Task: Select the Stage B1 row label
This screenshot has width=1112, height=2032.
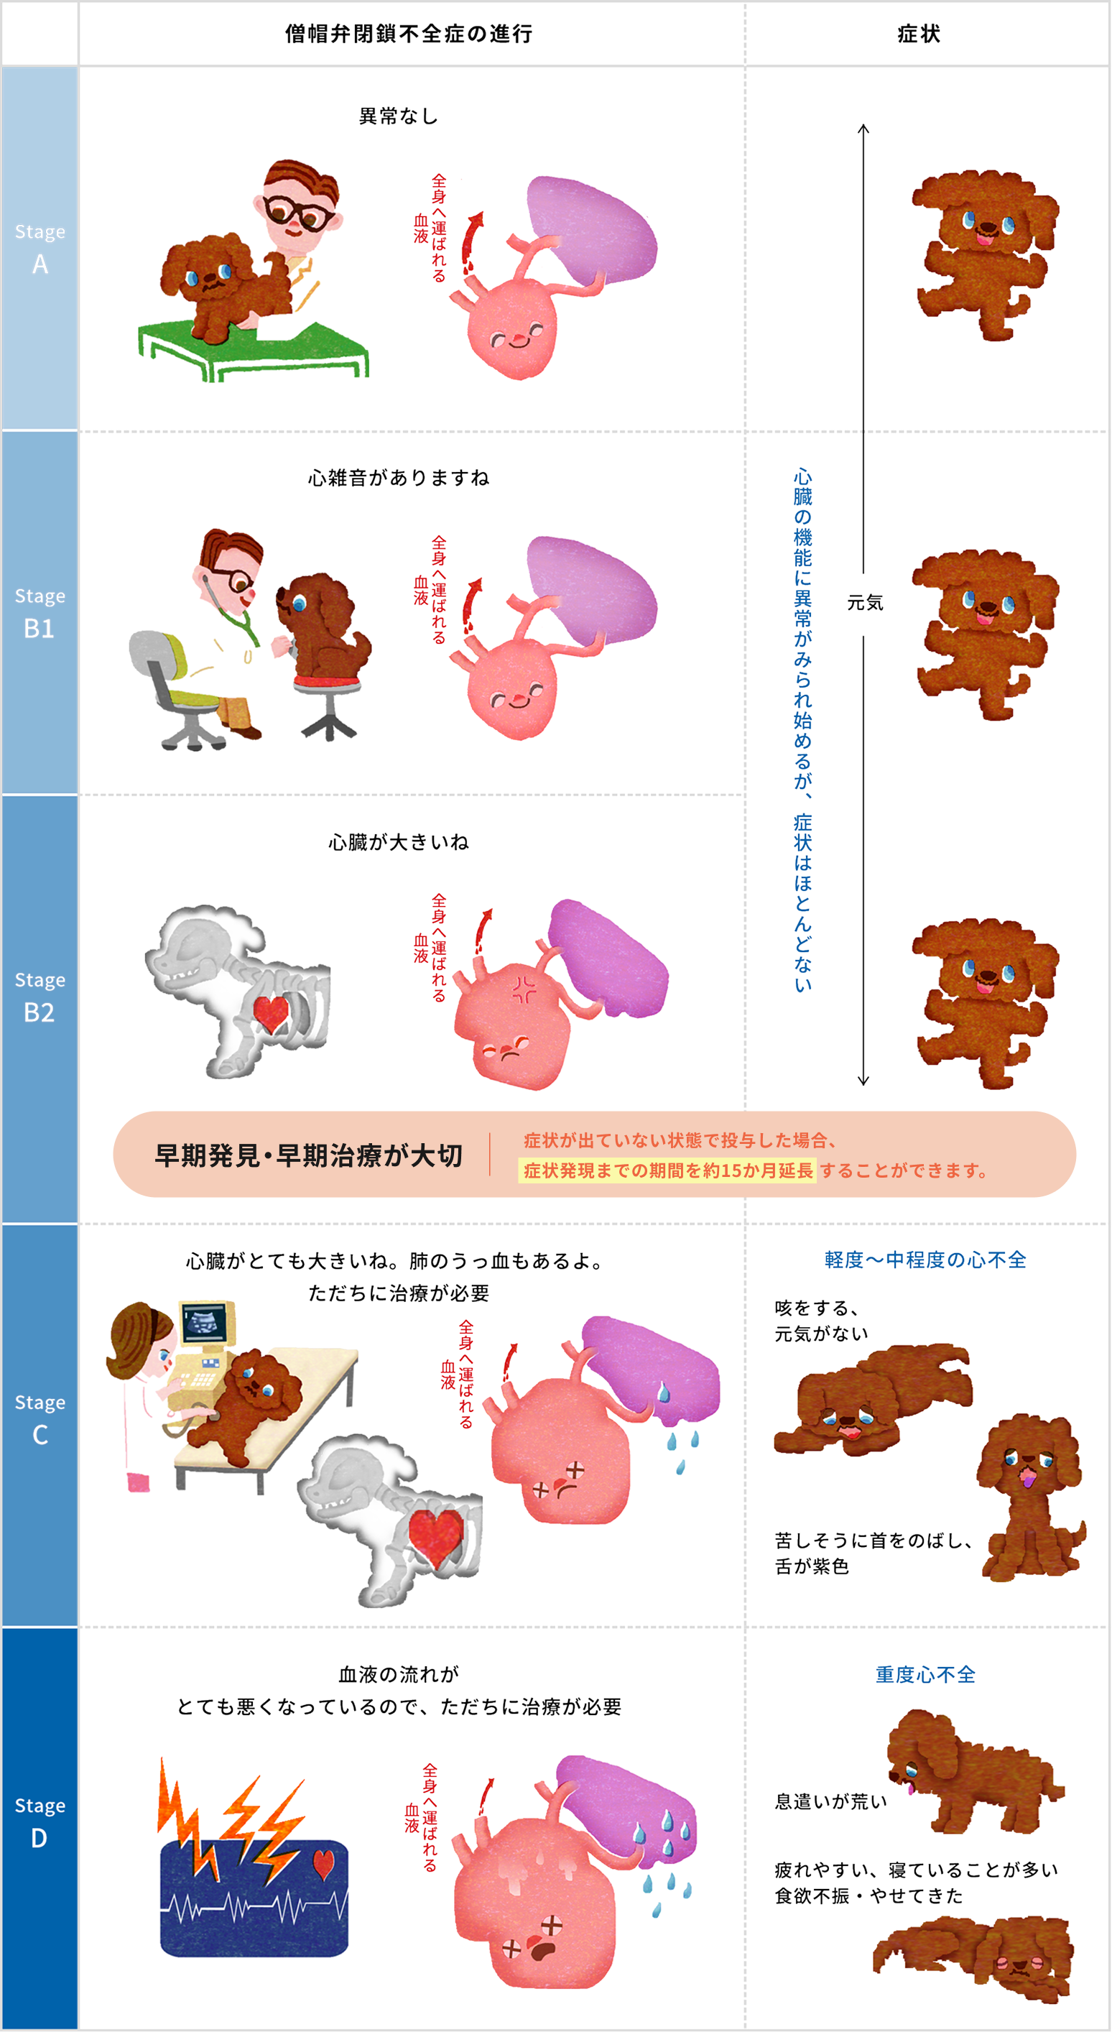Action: click(40, 613)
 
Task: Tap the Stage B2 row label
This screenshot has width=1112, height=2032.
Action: click(40, 997)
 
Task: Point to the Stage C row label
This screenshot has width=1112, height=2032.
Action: click(40, 1419)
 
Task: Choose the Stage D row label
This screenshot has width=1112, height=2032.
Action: click(40, 1822)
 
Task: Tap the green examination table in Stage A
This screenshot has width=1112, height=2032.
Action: click(252, 347)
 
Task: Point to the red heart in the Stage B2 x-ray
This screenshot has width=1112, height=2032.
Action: click(271, 1013)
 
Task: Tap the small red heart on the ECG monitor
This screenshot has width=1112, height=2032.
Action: click(324, 1863)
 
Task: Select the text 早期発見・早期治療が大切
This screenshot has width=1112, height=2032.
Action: click(308, 1155)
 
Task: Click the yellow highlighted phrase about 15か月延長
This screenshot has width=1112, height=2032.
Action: click(667, 1170)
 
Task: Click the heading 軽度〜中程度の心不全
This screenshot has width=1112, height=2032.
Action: click(925, 1260)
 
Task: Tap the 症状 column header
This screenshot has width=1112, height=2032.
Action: click(919, 34)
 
